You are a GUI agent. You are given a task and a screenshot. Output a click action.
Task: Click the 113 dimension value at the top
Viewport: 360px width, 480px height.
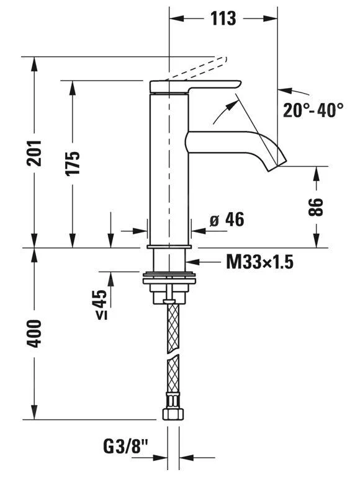[x=223, y=19]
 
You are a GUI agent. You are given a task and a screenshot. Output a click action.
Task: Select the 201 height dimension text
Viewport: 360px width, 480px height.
[x=34, y=153]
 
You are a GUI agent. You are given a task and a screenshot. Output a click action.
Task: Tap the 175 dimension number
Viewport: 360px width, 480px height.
[x=73, y=163]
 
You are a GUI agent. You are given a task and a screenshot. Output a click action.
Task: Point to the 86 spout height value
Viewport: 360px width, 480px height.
[x=315, y=207]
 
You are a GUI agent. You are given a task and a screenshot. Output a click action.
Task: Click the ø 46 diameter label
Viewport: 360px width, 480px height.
[x=227, y=220]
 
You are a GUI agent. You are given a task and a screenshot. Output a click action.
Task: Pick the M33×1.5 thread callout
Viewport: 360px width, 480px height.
[x=260, y=262]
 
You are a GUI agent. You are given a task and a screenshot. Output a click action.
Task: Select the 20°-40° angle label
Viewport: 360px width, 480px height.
[x=313, y=110]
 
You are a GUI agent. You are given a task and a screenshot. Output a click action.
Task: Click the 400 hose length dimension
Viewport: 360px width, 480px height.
[x=34, y=334]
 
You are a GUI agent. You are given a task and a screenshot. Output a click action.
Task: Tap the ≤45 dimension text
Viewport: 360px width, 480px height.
[x=101, y=304]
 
